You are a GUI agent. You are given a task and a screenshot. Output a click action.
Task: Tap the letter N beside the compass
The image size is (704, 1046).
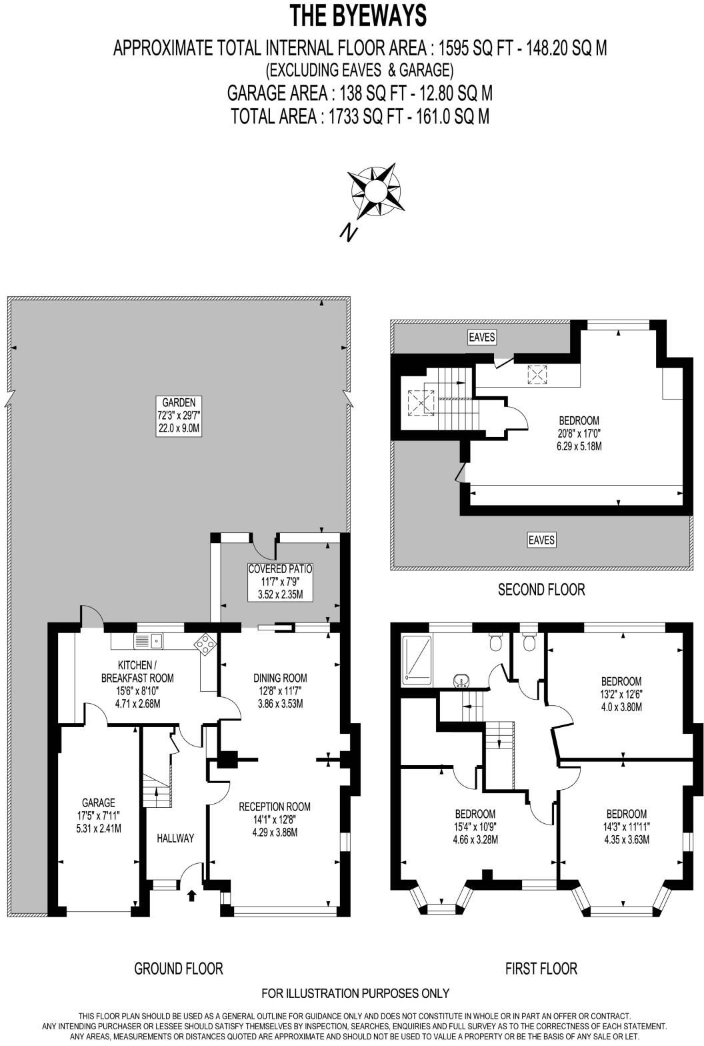[x=347, y=231]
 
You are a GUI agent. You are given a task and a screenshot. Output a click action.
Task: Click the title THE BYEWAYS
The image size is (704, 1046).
[x=359, y=15]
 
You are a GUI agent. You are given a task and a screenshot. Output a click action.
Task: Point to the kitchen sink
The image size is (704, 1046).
[x=149, y=641]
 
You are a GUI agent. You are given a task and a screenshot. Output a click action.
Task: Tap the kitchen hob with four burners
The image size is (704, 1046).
[x=205, y=643]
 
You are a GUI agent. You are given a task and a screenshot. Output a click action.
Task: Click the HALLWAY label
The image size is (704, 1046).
[x=176, y=838]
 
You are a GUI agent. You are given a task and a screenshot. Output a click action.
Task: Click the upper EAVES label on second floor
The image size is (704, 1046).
[x=482, y=337]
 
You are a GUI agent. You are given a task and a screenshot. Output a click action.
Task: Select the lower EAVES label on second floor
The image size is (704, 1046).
[x=541, y=540]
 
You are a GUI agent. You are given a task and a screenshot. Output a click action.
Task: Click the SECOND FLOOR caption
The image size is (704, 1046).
[x=541, y=589]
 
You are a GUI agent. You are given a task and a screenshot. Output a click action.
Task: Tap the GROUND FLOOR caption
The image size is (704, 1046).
[x=178, y=968]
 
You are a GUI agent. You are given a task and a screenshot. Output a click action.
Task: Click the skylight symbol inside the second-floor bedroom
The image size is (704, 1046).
[x=537, y=376]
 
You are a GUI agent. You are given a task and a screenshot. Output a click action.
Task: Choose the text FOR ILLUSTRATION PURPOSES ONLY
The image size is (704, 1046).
[x=355, y=993]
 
